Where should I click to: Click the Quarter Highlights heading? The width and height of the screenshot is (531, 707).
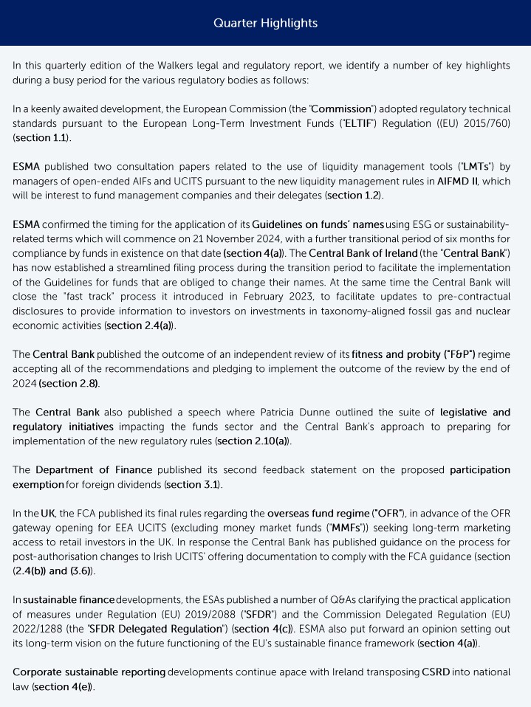click(x=265, y=23)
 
